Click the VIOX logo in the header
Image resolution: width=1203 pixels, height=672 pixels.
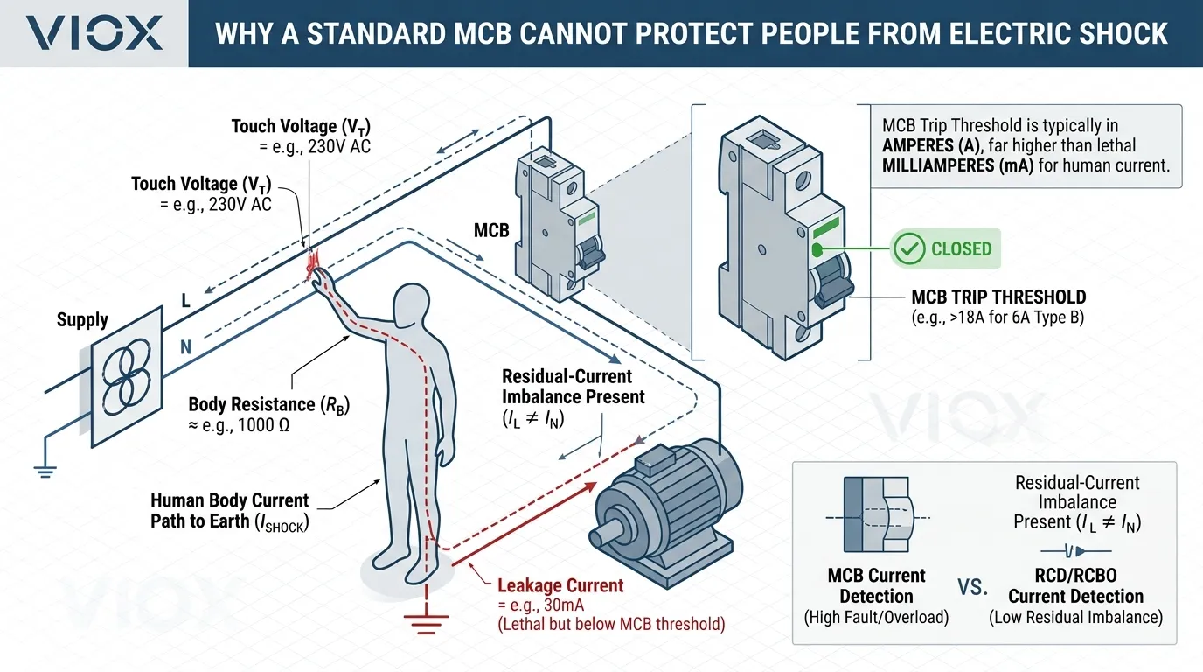pyautogui.click(x=94, y=33)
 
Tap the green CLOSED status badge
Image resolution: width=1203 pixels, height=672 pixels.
pyautogui.click(x=945, y=249)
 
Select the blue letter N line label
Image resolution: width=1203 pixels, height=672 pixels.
pyautogui.click(x=185, y=346)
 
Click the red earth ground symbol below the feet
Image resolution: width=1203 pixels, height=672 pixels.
pyautogui.click(x=426, y=620)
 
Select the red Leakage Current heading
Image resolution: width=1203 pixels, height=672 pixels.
pyautogui.click(x=560, y=586)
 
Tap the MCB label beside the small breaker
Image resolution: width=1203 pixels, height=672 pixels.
pyautogui.click(x=491, y=231)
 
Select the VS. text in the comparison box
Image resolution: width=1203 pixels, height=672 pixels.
pyautogui.click(x=973, y=587)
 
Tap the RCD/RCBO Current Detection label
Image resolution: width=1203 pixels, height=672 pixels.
pyautogui.click(x=1075, y=586)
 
